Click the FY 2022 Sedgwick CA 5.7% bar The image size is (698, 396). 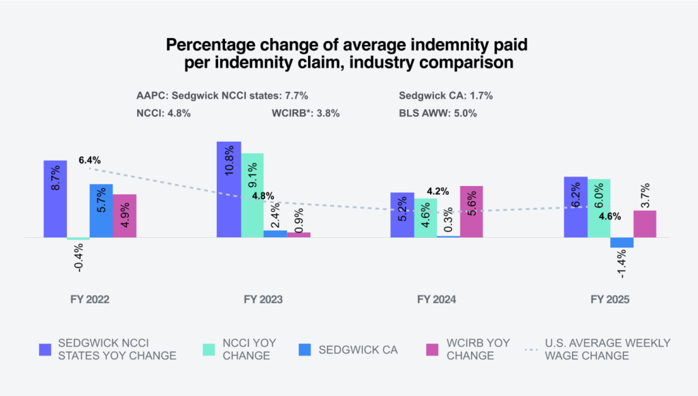click(102, 211)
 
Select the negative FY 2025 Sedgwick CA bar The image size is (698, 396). click(622, 243)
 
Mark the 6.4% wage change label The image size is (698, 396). click(89, 160)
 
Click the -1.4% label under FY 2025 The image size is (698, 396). click(622, 264)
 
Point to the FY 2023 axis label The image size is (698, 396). click(262, 299)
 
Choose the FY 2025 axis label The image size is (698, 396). click(610, 299)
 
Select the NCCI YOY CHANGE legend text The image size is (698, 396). click(249, 349)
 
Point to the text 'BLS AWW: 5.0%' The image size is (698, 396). click(438, 113)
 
